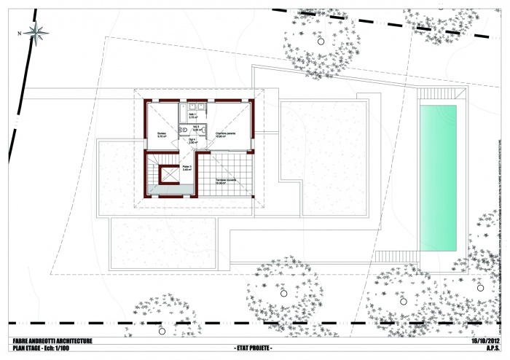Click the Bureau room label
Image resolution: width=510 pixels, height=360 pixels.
163,135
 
